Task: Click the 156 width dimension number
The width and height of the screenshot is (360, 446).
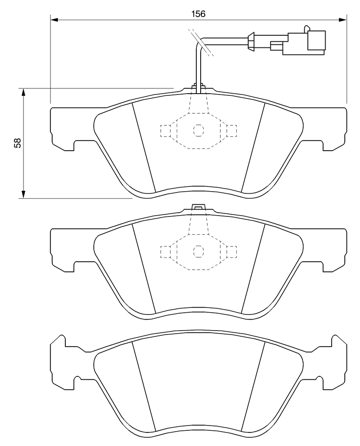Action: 198,14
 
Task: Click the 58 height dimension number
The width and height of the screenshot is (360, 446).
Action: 17,143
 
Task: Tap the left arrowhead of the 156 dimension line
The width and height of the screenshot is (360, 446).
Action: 54,20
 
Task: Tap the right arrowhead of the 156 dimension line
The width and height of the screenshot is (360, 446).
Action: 343,20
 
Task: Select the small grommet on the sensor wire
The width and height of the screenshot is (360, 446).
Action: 251,42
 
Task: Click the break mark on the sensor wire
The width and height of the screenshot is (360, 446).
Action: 201,42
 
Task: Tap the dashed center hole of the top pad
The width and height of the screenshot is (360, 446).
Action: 199,130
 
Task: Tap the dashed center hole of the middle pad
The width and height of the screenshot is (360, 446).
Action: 199,251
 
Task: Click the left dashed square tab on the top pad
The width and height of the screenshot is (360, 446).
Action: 165,131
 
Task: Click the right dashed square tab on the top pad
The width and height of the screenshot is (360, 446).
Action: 232,131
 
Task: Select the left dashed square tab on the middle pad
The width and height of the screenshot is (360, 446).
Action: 165,251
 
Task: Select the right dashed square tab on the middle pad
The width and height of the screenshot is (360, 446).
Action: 232,251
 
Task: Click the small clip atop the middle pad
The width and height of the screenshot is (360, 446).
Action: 199,207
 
